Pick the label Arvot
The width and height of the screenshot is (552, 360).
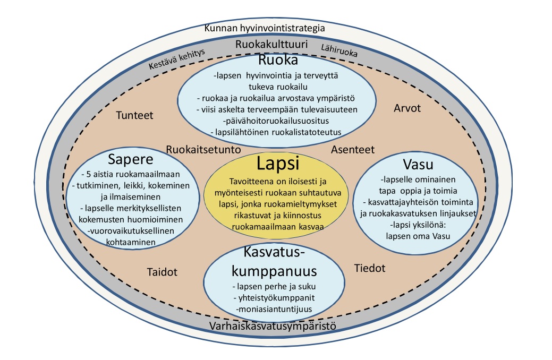(x=407, y=108)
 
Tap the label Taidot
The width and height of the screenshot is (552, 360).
(x=162, y=272)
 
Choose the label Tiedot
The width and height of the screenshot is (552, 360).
(x=370, y=268)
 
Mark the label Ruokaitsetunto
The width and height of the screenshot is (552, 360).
(x=203, y=150)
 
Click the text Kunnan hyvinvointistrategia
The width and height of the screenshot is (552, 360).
(x=272, y=28)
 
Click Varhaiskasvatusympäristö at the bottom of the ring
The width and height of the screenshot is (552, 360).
(x=273, y=325)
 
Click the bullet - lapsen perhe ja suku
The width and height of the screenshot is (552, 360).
(x=272, y=286)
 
